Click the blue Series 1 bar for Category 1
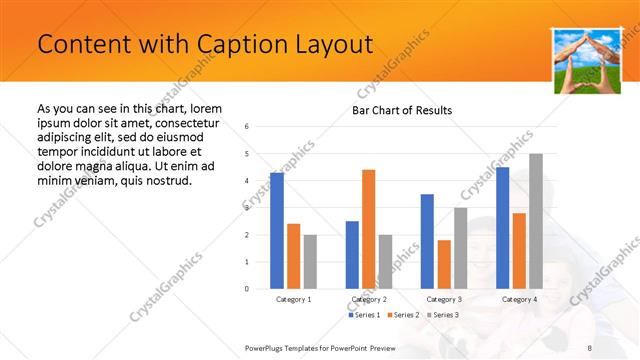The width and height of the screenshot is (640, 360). click(277, 230)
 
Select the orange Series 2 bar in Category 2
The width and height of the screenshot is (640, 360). click(368, 229)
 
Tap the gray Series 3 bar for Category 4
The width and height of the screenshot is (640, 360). click(536, 221)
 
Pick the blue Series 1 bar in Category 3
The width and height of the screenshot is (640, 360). click(427, 241)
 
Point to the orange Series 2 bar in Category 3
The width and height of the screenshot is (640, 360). click(444, 264)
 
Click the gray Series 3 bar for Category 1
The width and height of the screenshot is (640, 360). click(310, 261)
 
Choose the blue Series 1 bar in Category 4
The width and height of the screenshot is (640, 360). click(502, 227)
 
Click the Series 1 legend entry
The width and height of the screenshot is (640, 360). click(366, 315)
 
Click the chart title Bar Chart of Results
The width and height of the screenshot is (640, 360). click(402, 110)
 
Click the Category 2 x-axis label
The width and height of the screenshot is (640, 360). click(369, 299)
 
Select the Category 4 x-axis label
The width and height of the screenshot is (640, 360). click(519, 299)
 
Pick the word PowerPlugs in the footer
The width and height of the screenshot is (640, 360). click(268, 347)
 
